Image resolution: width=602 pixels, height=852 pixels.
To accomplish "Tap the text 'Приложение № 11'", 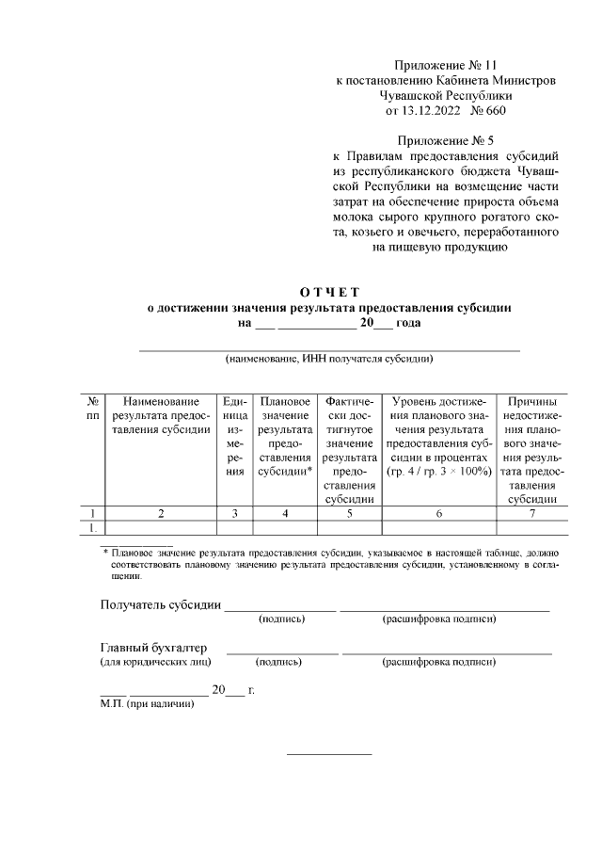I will tap(446, 66).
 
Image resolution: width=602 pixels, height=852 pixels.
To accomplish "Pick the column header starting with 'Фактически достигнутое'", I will tap(350, 450).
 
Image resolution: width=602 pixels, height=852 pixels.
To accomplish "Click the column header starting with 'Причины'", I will tap(532, 450).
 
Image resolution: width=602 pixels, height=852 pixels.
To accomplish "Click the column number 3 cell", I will tap(235, 513).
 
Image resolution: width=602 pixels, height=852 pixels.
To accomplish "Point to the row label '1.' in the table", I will tap(93, 527).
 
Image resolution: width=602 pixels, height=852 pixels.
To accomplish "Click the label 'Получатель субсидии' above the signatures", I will tap(161, 603).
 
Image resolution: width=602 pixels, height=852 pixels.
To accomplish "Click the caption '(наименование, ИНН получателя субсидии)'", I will tap(329, 359).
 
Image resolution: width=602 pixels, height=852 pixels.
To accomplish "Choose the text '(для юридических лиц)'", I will tap(155, 662).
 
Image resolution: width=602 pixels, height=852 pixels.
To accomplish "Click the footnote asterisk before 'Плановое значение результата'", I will tap(105, 551).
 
